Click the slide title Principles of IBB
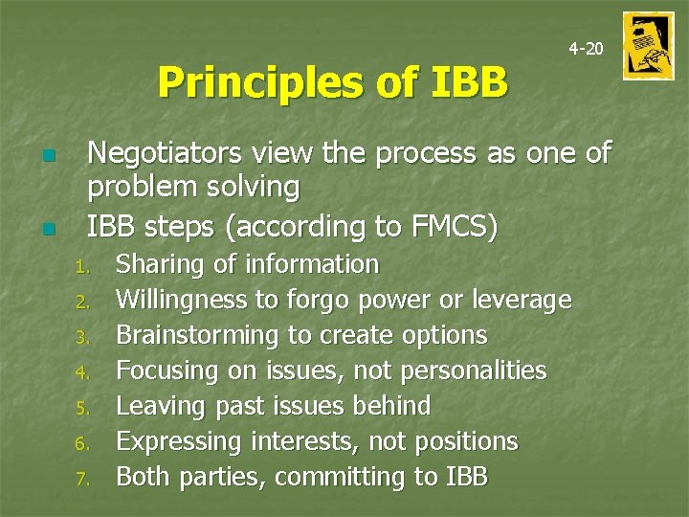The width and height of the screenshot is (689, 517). (x=332, y=82)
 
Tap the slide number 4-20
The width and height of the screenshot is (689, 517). (x=586, y=48)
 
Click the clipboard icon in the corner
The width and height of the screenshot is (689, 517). (x=648, y=46)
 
